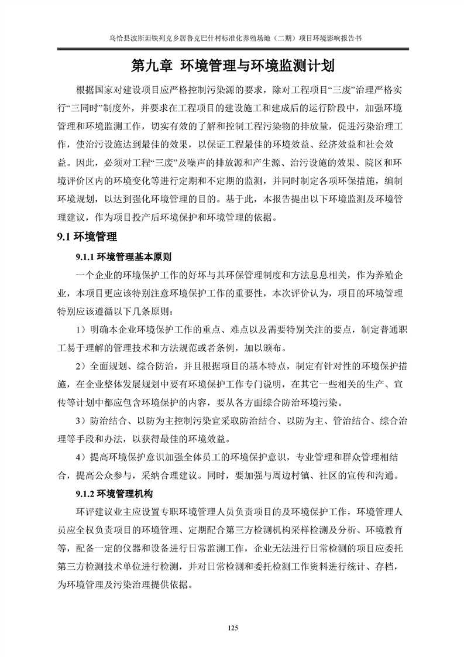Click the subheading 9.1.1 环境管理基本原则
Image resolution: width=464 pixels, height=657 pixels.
click(123, 257)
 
